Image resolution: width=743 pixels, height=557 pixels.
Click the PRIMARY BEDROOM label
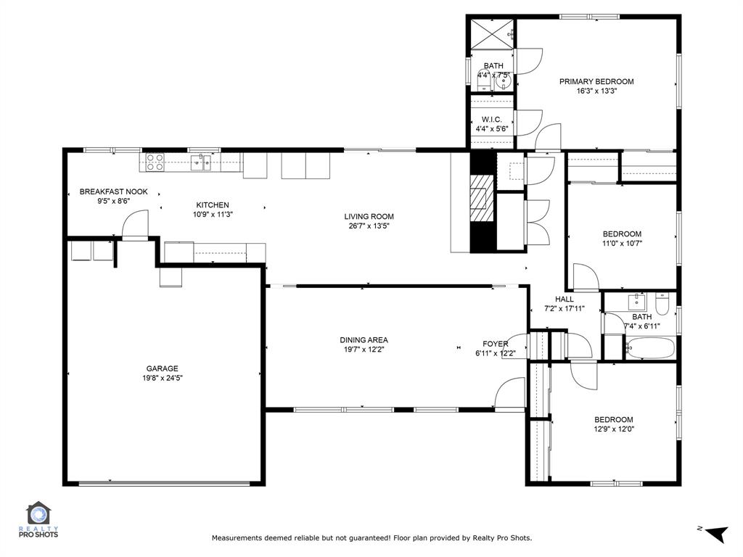coord(596,81)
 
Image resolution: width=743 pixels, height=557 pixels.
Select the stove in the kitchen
coord(155,162)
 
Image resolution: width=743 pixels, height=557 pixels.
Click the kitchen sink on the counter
coord(201,161)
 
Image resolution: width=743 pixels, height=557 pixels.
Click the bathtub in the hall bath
coord(649,348)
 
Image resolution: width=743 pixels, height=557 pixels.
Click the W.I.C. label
coord(491,120)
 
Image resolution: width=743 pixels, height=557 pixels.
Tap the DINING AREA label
coord(364,339)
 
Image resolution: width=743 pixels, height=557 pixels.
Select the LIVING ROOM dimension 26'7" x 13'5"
coord(369,226)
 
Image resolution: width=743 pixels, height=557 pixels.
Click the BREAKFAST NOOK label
coord(113,191)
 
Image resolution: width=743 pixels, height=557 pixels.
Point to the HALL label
coord(564,299)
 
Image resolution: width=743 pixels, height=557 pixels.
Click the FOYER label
coord(496,344)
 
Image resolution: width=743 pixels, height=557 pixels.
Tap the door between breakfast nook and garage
coord(134,226)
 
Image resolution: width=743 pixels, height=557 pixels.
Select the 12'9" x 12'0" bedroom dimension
coord(613,429)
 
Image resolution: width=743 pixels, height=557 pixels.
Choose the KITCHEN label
coord(212,205)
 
